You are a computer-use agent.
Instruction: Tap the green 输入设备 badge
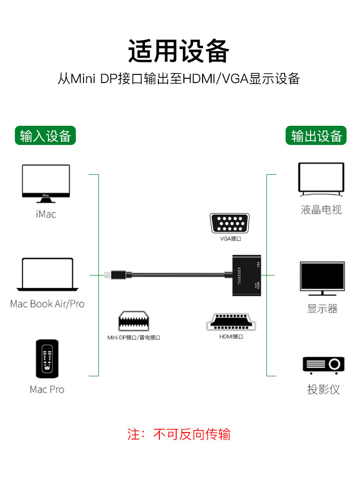46,136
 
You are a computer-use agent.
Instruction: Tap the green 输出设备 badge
316,136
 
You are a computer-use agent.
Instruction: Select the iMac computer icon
46,184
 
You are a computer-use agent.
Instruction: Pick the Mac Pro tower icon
47,360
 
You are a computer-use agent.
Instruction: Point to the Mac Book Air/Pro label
47,304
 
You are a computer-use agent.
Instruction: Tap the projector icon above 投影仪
324,365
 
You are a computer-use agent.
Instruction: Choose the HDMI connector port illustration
231,322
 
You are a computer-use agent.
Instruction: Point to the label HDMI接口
231,337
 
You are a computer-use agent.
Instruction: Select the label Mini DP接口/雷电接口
133,338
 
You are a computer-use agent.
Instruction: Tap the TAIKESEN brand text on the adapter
240,275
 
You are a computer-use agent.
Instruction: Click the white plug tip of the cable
107,275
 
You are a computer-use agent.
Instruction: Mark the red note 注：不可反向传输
179,434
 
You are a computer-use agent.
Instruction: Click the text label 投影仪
324,389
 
